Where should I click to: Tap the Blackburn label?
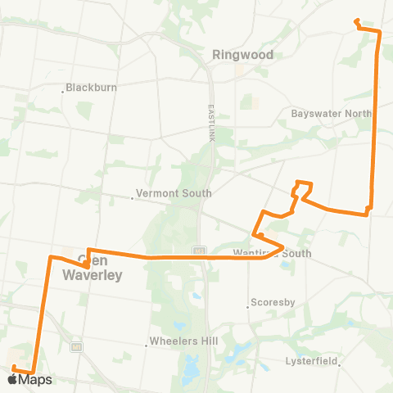click(x=92, y=88)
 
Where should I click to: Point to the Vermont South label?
click(x=174, y=194)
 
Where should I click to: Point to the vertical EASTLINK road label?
click(x=210, y=110)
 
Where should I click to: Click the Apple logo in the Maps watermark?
click(x=12, y=379)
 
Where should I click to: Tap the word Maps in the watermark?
click(x=35, y=380)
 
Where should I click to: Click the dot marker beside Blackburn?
click(x=62, y=91)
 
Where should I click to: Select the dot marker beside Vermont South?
click(x=132, y=197)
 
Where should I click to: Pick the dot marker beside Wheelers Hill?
click(x=146, y=346)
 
